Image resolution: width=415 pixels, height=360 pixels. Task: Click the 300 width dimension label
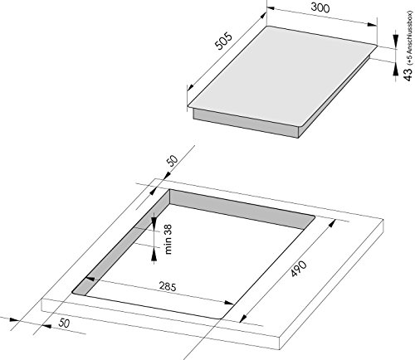tap(320, 7)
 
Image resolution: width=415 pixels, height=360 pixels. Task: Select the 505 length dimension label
tap(223, 41)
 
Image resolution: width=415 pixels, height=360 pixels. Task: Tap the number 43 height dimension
tap(408, 75)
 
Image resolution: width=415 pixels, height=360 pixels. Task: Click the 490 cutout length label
tap(299, 268)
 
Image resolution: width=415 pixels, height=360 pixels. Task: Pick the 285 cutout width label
tap(168, 286)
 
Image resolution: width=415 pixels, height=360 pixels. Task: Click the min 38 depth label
tap(168, 239)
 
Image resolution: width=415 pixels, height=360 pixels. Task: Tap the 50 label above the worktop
tap(173, 161)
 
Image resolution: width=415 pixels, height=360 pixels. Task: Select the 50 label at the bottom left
tap(64, 323)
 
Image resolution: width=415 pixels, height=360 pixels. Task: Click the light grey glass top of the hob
tap(282, 76)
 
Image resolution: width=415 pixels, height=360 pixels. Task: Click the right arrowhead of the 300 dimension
tap(372, 24)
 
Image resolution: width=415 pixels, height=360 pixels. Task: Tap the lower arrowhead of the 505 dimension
tap(190, 87)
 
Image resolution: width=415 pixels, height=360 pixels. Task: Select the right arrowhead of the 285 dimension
tap(229, 303)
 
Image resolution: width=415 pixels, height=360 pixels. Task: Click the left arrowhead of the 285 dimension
tap(90, 279)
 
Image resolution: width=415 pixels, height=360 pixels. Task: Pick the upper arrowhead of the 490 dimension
tap(332, 223)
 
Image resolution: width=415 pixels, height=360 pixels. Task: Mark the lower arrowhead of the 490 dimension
tap(243, 319)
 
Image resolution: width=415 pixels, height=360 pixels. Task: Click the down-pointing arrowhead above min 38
tap(154, 221)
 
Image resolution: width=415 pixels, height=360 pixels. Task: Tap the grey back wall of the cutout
tap(242, 209)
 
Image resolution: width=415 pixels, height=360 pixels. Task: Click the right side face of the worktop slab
tap(331, 285)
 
